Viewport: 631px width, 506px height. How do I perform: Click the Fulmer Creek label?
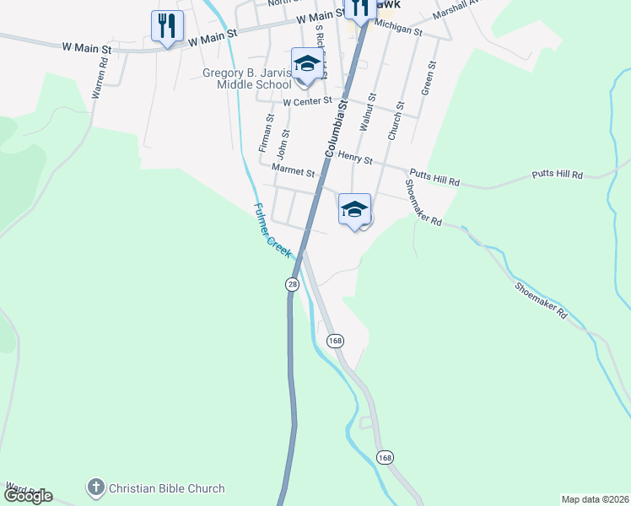click(x=272, y=230)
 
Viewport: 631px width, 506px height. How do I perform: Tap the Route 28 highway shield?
click(x=292, y=285)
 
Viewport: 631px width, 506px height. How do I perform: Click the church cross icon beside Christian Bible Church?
click(x=96, y=487)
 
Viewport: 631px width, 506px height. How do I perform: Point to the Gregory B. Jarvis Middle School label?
click(x=247, y=78)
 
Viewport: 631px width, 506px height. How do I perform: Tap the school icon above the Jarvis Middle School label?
click(x=307, y=63)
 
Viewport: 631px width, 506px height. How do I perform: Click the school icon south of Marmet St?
click(x=355, y=209)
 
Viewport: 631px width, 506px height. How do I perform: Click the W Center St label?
click(x=309, y=102)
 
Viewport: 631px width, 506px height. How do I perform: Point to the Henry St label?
click(x=355, y=156)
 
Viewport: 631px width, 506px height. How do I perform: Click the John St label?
click(x=284, y=144)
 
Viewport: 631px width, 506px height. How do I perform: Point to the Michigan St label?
click(x=397, y=29)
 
